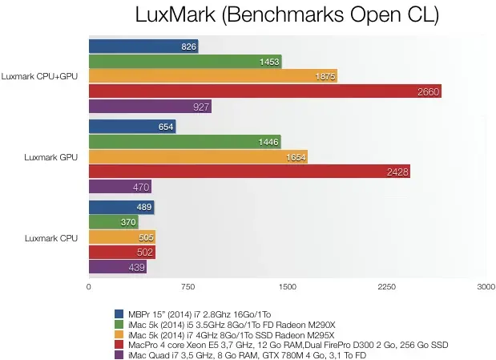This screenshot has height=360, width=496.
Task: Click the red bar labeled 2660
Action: coord(264,91)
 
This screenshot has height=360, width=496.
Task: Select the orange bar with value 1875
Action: coord(212,76)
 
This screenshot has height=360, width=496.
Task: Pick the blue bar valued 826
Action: coord(143,47)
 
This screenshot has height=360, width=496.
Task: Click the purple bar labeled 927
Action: coord(149,106)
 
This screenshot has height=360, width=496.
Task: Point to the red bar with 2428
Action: coord(248,172)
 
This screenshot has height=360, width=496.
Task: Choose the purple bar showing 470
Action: coord(119,187)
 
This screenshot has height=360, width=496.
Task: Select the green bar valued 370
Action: coord(113,222)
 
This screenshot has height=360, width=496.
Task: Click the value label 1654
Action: coord(296,157)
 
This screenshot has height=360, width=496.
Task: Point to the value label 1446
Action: coord(268,142)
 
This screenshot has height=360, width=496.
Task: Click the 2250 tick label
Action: coord(386,286)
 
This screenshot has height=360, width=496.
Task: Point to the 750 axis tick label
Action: coord(188,286)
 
